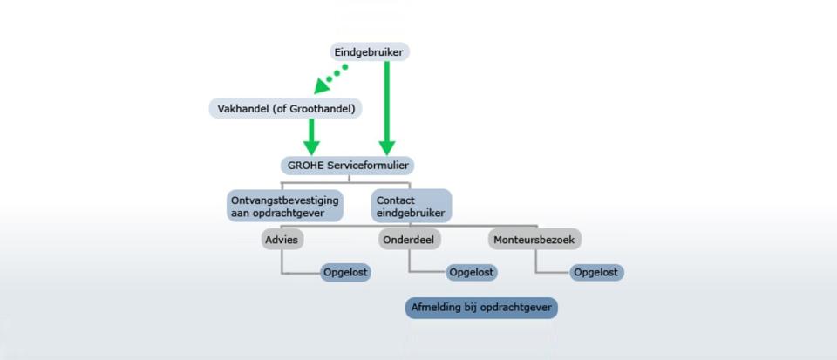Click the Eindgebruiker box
(370, 51)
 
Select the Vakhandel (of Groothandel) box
(286, 109)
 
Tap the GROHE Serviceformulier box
(348, 166)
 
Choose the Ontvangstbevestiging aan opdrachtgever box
(284, 206)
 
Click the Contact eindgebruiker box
(412, 206)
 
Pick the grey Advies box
(282, 240)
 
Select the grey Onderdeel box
(410, 240)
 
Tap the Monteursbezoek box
(534, 240)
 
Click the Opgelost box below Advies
(345, 273)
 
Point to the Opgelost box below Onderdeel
(472, 273)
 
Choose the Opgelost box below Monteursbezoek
(596, 273)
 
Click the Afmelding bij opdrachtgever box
(481, 308)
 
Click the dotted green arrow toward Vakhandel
(330, 79)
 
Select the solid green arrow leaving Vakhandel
(311, 137)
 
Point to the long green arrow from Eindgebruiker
(387, 108)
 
